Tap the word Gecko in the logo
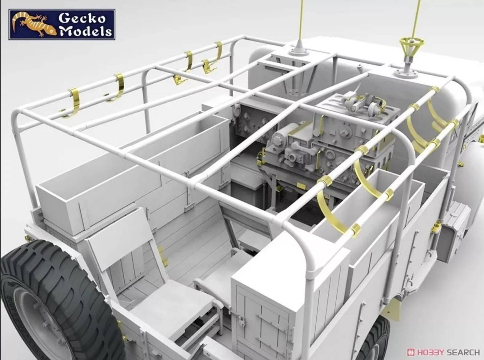click(x=82, y=19)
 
